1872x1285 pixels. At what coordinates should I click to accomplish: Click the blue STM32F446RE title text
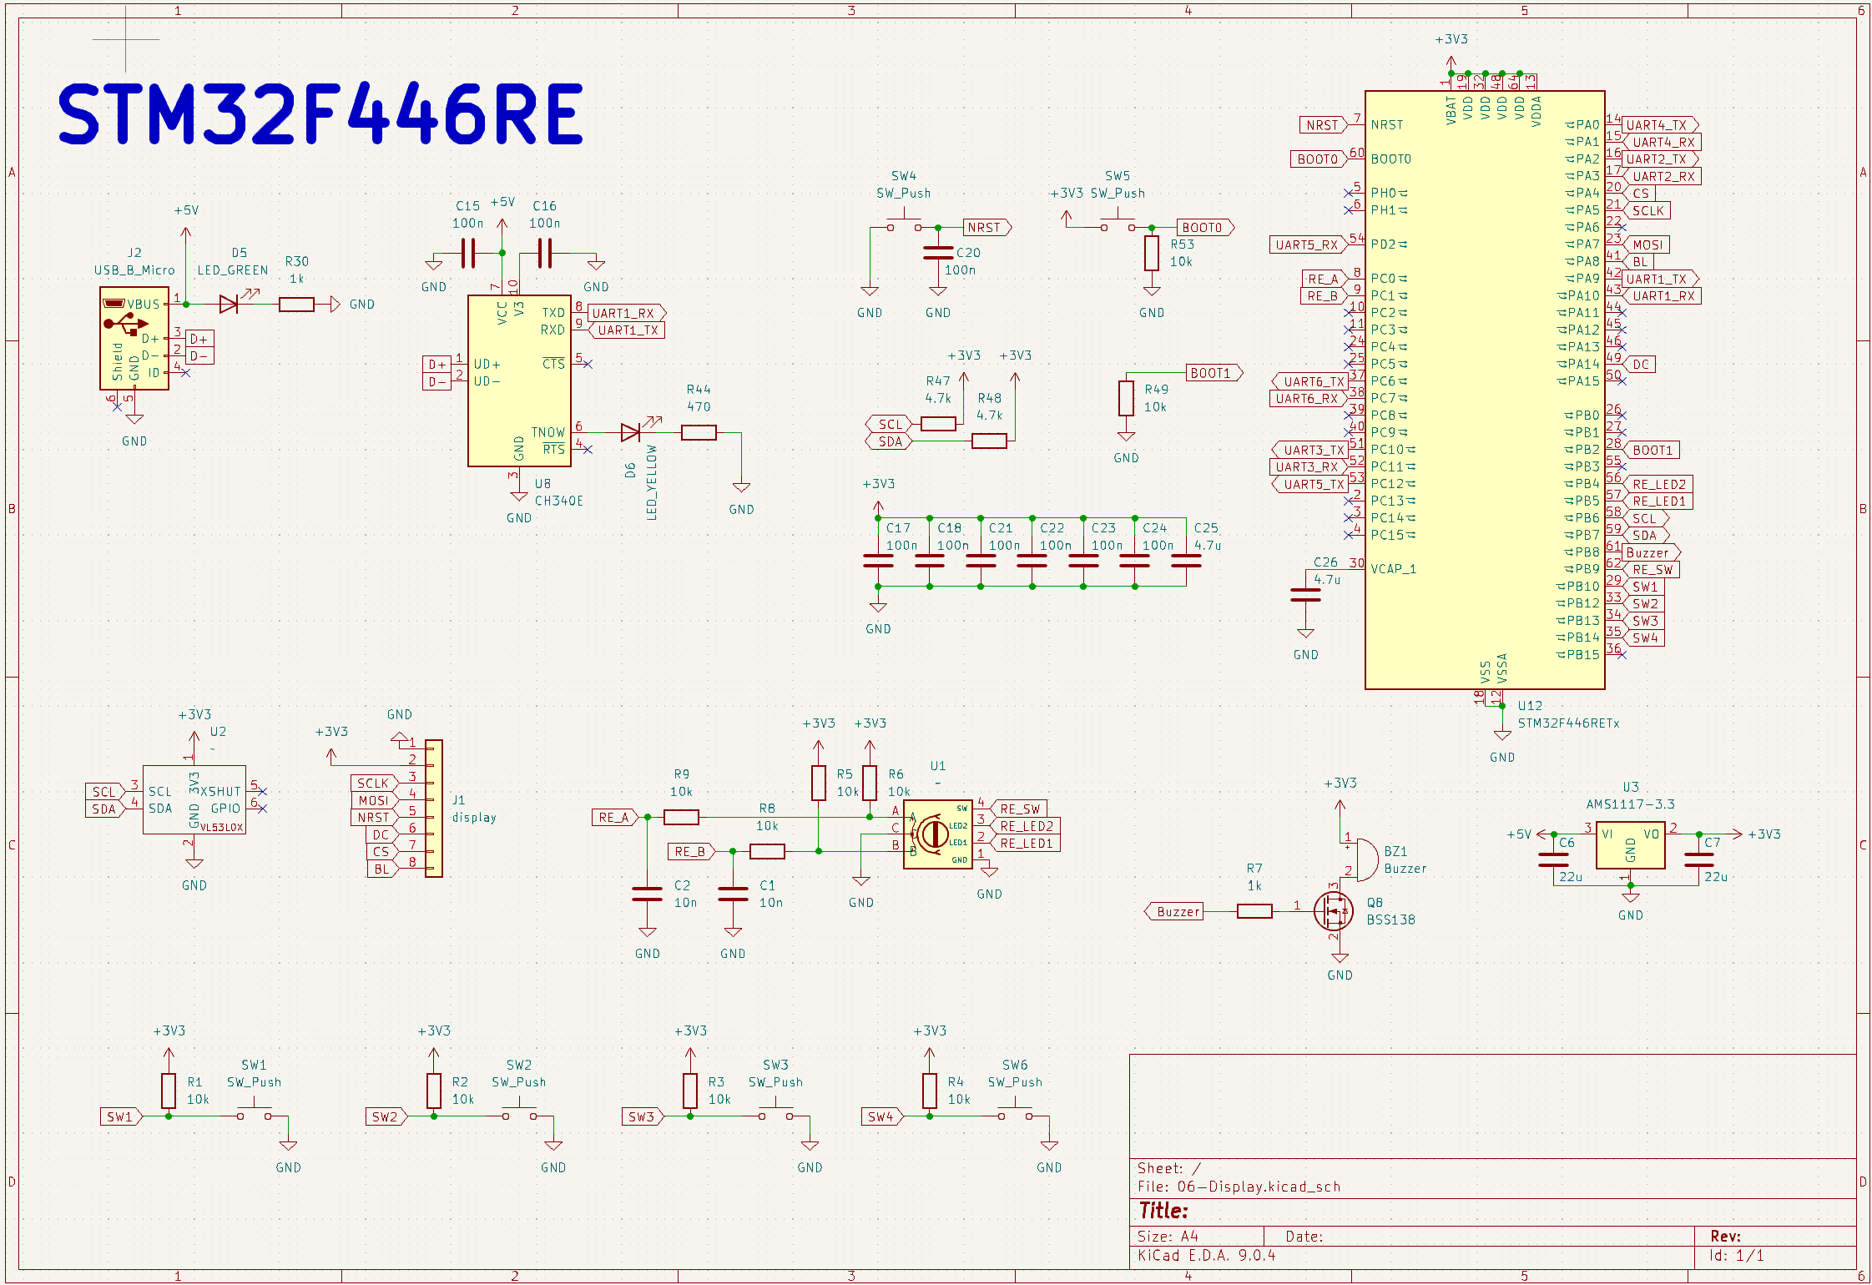[320, 114]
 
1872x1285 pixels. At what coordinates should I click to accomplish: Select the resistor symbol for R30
[296, 305]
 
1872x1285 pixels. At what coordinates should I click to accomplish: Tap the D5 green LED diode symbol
[230, 305]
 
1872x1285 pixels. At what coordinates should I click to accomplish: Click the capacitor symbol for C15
[468, 253]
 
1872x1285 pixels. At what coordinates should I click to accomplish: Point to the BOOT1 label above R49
[1212, 373]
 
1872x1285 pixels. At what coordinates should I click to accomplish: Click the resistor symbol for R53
[1152, 253]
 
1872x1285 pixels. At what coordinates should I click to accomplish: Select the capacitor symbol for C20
[938, 253]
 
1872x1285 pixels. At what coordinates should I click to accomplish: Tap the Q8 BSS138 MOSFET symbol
[1333, 910]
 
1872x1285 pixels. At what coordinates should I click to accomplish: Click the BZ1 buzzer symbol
[1365, 859]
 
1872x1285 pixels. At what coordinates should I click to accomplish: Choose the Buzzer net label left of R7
[1176, 911]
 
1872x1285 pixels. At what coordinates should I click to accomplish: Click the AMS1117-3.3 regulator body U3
[1630, 845]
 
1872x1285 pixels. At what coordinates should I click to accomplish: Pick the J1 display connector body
[434, 808]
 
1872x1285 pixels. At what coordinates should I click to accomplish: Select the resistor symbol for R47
[938, 424]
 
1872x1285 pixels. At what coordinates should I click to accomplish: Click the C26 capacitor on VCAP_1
[1305, 595]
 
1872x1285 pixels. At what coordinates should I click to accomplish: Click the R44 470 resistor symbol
[699, 432]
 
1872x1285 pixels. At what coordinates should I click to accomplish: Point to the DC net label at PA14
[1641, 365]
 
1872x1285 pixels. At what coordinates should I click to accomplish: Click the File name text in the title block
[1239, 1187]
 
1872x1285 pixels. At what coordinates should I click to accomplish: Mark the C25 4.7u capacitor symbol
[1186, 561]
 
